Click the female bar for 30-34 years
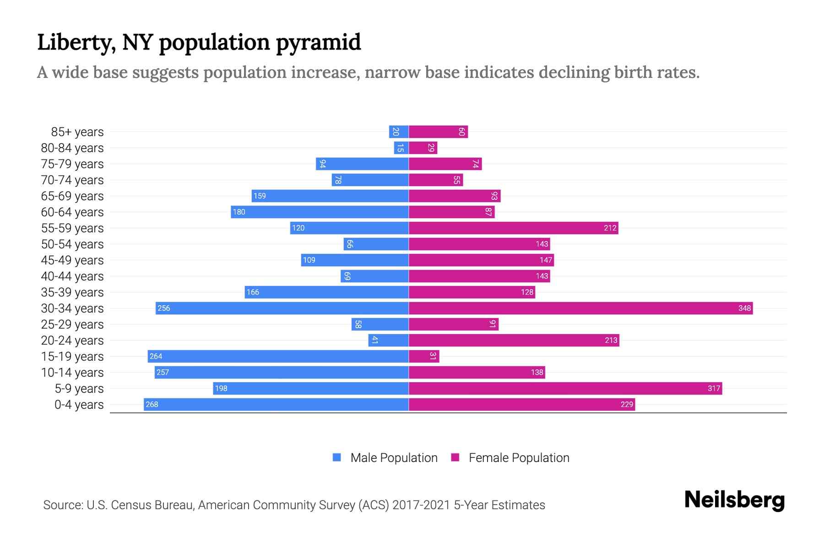coord(580,308)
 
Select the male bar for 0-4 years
coord(276,404)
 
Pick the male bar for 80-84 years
coord(401,148)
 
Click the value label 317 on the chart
coord(714,388)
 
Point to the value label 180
coord(239,212)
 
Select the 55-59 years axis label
coord(72,228)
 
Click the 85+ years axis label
coord(77,132)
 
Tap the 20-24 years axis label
coord(72,340)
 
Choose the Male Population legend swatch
coord(337,457)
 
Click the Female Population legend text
coord(519,457)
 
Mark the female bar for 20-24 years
coord(514,340)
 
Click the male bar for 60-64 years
coord(320,212)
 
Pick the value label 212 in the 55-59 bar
coord(610,228)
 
